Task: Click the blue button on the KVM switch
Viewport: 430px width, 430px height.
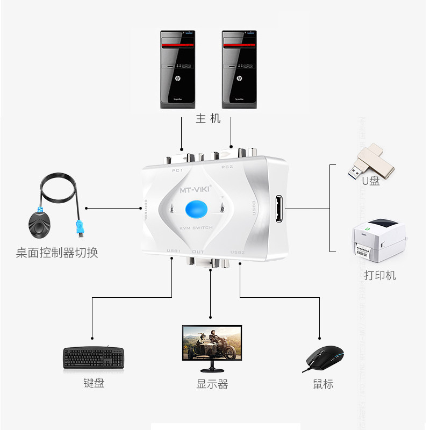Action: pyautogui.click(x=196, y=210)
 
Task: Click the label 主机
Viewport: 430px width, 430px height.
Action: pyautogui.click(x=208, y=118)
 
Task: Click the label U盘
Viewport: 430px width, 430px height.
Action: pyautogui.click(x=370, y=181)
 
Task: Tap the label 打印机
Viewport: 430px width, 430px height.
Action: pyautogui.click(x=379, y=275)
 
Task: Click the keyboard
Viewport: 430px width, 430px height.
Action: pyautogui.click(x=94, y=358)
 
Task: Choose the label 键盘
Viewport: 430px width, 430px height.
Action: pyautogui.click(x=94, y=383)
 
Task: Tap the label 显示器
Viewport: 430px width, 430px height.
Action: pyautogui.click(x=212, y=384)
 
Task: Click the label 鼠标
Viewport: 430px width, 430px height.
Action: pyautogui.click(x=323, y=384)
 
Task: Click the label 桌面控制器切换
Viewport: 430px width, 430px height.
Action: pyautogui.click(x=57, y=252)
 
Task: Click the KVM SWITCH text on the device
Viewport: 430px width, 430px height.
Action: pyautogui.click(x=196, y=228)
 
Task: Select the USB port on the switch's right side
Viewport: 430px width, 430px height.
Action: pyautogui.click(x=278, y=209)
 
